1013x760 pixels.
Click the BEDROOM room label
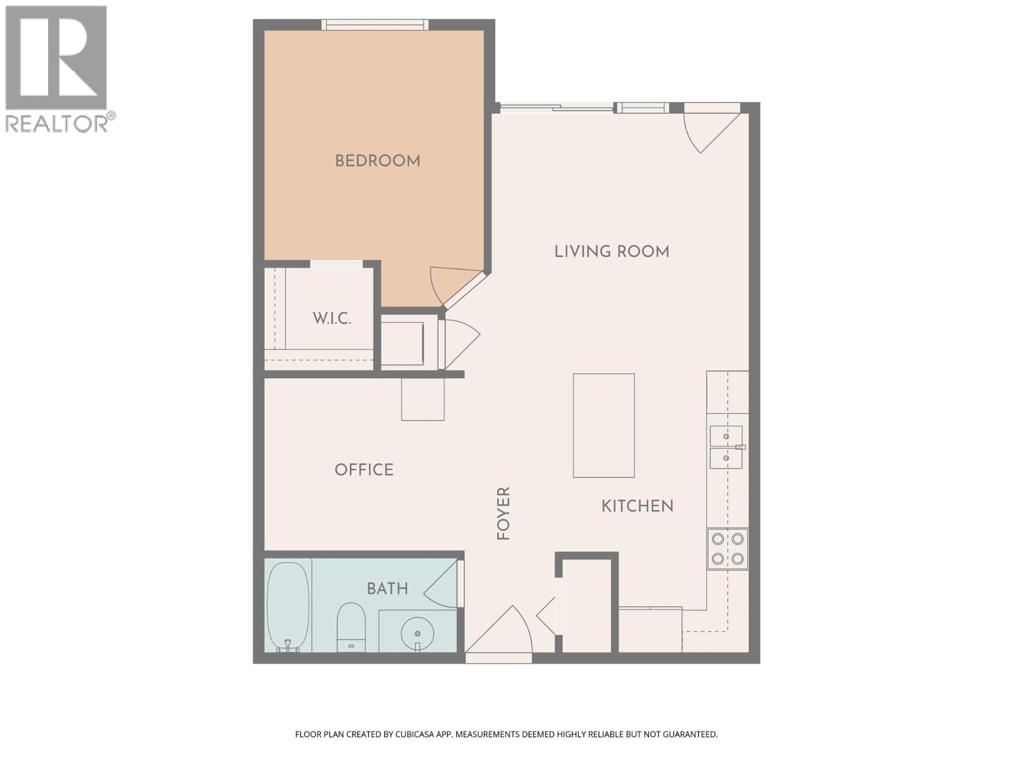tap(377, 161)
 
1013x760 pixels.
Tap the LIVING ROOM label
tap(612, 251)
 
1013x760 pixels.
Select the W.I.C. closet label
tap(332, 318)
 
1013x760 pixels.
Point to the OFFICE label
tap(364, 469)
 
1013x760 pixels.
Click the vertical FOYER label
tap(503, 513)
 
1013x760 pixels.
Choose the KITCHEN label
tap(637, 506)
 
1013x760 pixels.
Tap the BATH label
tap(387, 588)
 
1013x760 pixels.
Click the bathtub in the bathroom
tap(288, 606)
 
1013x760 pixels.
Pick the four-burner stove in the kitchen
tap(727, 548)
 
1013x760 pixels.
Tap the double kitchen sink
tap(726, 447)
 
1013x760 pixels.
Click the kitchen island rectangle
tap(603, 425)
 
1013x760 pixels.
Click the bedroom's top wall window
tap(375, 25)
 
